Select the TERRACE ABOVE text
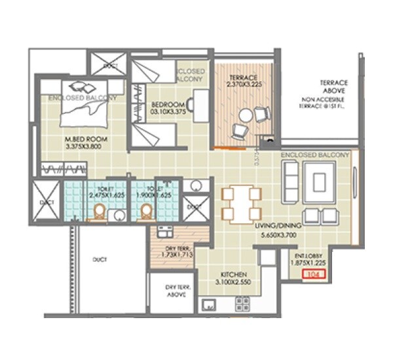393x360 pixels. (x=333, y=87)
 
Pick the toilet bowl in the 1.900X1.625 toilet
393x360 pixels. (x=147, y=213)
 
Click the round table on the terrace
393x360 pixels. (x=245, y=117)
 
